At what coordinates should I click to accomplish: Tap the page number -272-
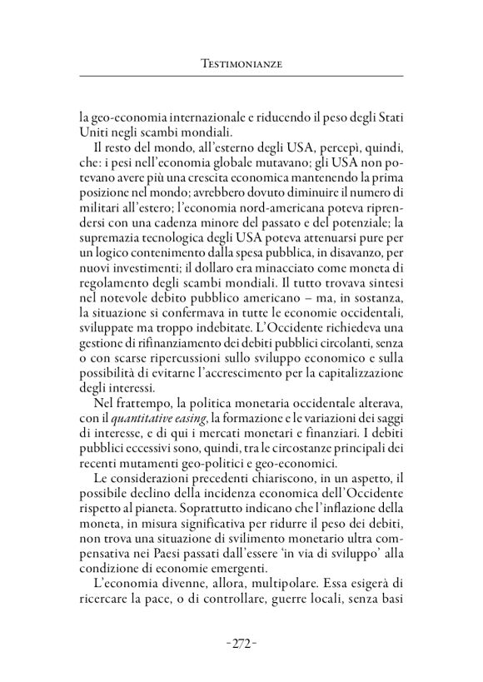[x=241, y=644]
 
